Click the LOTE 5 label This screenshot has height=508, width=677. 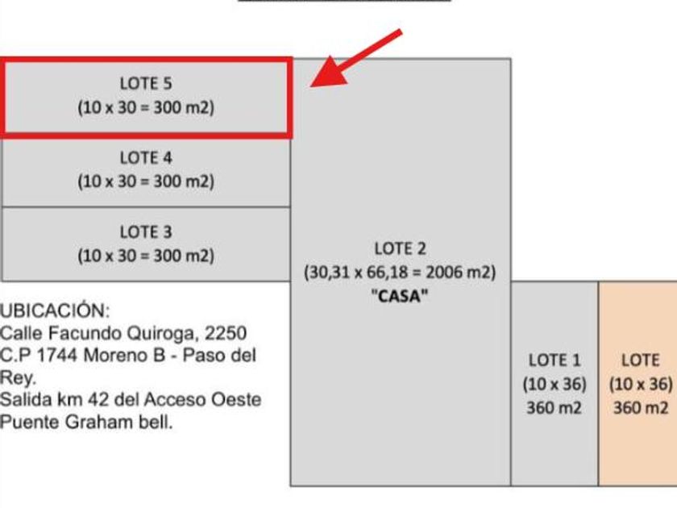(x=146, y=83)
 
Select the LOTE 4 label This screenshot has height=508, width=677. (x=146, y=158)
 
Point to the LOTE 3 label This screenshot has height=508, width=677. (x=146, y=232)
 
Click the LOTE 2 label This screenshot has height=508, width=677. (x=401, y=248)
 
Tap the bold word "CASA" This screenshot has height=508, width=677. (x=400, y=297)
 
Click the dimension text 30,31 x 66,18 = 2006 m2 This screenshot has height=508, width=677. (x=400, y=273)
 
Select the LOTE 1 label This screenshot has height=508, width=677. (x=554, y=360)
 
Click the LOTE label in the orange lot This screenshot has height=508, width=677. (x=641, y=360)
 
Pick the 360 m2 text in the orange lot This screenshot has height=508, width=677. (x=641, y=408)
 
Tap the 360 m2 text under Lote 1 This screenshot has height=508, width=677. (x=554, y=408)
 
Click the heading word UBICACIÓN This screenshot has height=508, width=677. (x=55, y=310)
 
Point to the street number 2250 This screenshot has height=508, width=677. (x=226, y=333)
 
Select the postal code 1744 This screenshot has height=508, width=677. (x=57, y=356)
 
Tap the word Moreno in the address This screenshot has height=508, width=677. (x=113, y=356)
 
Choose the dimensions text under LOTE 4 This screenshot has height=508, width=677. (x=146, y=181)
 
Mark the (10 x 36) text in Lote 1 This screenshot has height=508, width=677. (x=554, y=384)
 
